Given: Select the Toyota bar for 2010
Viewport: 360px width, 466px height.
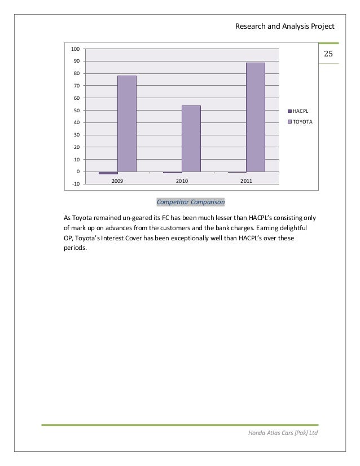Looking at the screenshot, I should (x=191, y=138).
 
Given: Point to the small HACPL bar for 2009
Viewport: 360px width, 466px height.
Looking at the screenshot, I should (x=108, y=173).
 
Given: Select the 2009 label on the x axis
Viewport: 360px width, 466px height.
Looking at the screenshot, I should (x=117, y=181).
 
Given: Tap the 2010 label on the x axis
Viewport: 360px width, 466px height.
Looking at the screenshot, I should (x=182, y=181).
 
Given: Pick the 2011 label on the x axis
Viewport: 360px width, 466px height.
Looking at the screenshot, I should (x=246, y=181).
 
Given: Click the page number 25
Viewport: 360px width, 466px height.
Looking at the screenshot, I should (x=329, y=55).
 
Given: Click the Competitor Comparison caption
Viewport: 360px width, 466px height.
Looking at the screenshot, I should (x=191, y=201).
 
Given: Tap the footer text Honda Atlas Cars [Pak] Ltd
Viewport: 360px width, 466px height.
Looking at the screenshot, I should (x=283, y=433).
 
